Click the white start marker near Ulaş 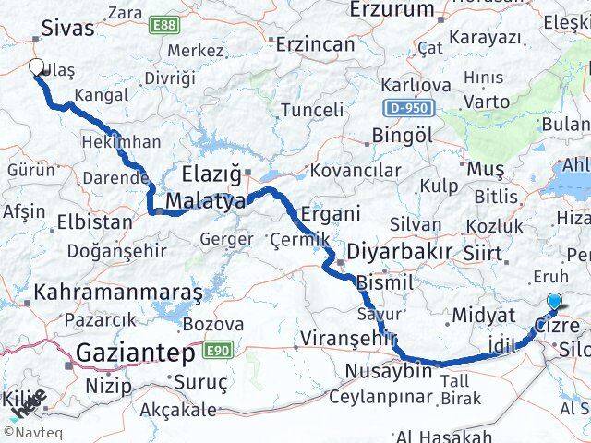click(x=37, y=66)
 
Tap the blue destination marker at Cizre click(x=553, y=300)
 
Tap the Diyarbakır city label click(x=399, y=252)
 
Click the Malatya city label click(x=205, y=201)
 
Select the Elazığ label click(x=212, y=173)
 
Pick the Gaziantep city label click(x=135, y=353)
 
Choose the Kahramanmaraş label click(x=117, y=293)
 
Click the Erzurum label click(x=392, y=10)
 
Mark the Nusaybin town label click(x=388, y=371)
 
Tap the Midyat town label click(x=482, y=317)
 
